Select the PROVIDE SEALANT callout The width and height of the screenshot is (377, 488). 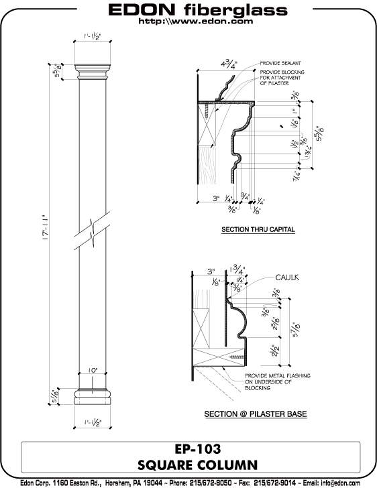pos(281,65)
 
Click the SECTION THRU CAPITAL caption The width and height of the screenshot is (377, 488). pos(258,230)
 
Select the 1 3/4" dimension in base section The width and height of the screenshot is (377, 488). pos(236,270)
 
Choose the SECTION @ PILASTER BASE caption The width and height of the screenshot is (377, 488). pos(256,414)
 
